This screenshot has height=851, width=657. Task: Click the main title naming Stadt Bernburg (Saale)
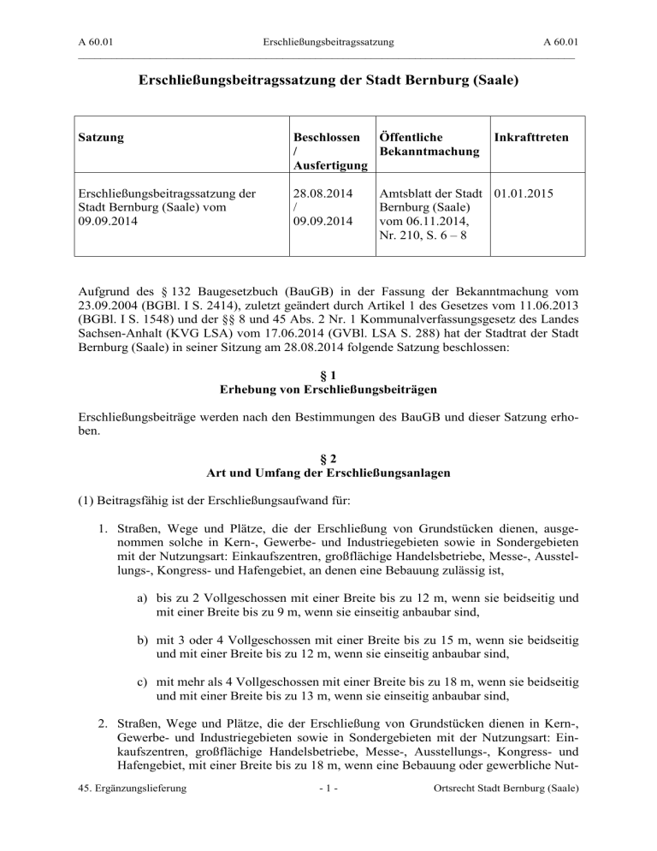pos(328,83)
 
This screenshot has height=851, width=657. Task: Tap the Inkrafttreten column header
pos(536,136)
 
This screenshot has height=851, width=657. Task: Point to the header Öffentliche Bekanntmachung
pos(423,144)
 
